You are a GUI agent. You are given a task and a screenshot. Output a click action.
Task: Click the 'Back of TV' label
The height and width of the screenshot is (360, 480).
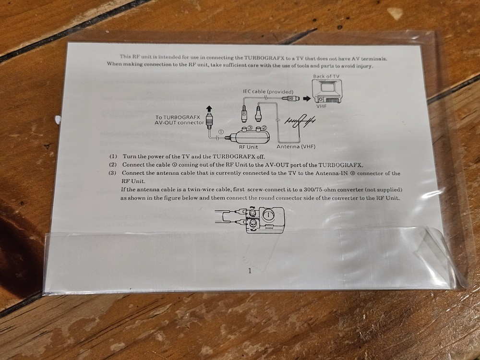tap(326, 76)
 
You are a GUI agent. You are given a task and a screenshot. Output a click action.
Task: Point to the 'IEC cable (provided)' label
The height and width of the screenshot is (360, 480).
tap(268, 92)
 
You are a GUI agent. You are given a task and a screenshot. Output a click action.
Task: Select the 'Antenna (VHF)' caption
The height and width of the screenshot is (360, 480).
tap(296, 146)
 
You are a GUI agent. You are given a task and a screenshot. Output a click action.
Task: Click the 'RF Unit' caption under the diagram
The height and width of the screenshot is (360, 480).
tap(248, 147)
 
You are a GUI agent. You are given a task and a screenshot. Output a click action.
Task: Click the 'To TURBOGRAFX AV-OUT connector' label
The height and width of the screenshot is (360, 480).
tap(179, 120)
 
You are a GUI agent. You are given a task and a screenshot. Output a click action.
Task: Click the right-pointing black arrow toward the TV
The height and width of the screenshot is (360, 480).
tap(307, 98)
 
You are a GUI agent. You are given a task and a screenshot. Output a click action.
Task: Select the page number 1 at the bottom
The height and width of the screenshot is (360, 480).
tap(250, 271)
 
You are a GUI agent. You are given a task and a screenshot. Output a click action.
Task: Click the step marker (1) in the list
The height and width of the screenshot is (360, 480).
tap(113, 156)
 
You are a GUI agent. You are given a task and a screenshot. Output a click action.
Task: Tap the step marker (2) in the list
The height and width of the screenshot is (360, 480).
tap(113, 165)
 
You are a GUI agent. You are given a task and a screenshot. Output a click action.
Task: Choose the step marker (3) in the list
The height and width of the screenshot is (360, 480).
tap(112, 173)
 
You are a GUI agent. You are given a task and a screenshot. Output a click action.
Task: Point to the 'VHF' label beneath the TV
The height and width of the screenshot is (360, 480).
tap(322, 106)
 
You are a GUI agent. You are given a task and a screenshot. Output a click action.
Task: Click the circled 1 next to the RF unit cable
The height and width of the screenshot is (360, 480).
tap(221, 132)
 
